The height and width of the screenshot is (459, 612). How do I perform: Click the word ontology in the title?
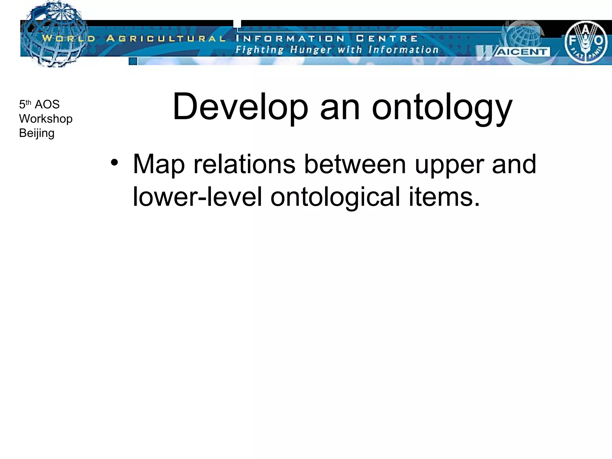tap(442, 108)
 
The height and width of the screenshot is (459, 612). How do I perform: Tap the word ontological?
tap(335, 197)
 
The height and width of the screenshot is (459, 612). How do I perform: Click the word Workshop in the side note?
tap(46, 119)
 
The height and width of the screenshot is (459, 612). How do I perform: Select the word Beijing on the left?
tap(37, 133)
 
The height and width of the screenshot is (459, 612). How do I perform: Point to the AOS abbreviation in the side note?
tap(47, 104)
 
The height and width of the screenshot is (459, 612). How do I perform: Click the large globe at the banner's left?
tap(54, 34)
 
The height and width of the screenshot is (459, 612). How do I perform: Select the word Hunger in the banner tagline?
tap(311, 50)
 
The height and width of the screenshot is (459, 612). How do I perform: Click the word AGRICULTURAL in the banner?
tap(166, 39)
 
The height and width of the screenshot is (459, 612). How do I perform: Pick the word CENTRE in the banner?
tap(387, 39)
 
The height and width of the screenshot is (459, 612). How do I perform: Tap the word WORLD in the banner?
tap(68, 39)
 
